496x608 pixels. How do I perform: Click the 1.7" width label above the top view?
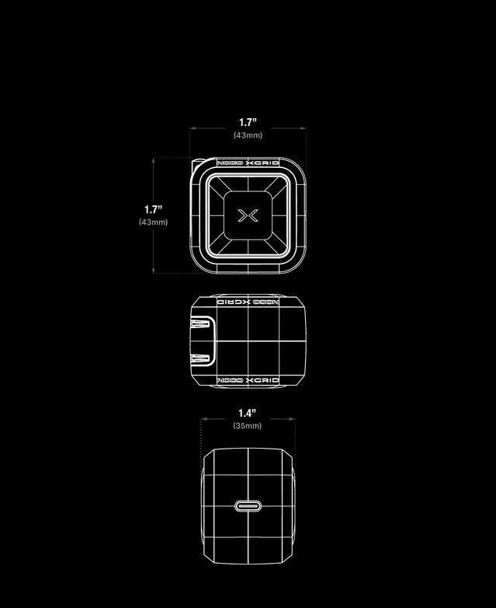tap(248, 122)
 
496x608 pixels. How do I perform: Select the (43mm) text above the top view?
tap(248, 135)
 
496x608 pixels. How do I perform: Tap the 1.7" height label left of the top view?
tap(153, 209)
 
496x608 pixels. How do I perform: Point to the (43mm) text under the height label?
tap(153, 222)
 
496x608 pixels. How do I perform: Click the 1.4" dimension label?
tap(247, 413)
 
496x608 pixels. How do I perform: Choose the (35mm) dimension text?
tap(247, 426)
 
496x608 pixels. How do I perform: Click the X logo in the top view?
tap(248, 215)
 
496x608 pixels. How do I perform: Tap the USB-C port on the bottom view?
tap(248, 506)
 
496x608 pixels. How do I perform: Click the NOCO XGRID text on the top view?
tap(248, 164)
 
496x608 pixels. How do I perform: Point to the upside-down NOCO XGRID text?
tap(248, 301)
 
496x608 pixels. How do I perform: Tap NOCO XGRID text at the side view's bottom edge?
tap(248, 381)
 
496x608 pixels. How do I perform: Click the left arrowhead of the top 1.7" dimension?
tap(192, 129)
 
